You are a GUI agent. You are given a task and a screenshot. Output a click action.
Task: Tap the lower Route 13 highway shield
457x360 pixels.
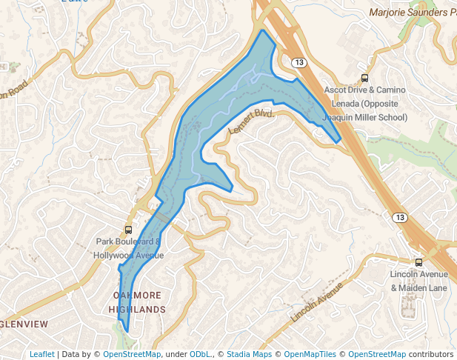(399, 217)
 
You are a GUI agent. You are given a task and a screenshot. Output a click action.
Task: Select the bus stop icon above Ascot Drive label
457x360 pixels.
(364, 78)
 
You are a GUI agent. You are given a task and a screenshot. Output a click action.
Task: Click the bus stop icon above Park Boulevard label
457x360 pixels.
(128, 230)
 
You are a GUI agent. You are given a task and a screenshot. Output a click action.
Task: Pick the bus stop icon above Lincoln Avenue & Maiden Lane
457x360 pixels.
(418, 262)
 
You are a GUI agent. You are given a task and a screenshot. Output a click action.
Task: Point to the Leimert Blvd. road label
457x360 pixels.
(251, 121)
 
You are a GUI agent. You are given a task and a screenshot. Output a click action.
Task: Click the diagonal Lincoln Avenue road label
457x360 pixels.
(317, 301)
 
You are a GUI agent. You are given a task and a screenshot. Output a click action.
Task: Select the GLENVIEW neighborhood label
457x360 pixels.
(24, 324)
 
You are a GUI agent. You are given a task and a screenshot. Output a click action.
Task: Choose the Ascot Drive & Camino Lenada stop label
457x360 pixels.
(365, 104)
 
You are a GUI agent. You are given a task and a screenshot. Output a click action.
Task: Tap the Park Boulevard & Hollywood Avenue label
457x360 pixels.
(128, 249)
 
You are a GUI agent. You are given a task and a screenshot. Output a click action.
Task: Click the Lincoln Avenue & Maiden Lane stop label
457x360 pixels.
(418, 281)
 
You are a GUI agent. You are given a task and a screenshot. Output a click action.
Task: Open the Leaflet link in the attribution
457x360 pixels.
(41, 354)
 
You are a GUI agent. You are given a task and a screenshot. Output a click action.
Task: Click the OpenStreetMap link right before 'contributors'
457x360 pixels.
(377, 354)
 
